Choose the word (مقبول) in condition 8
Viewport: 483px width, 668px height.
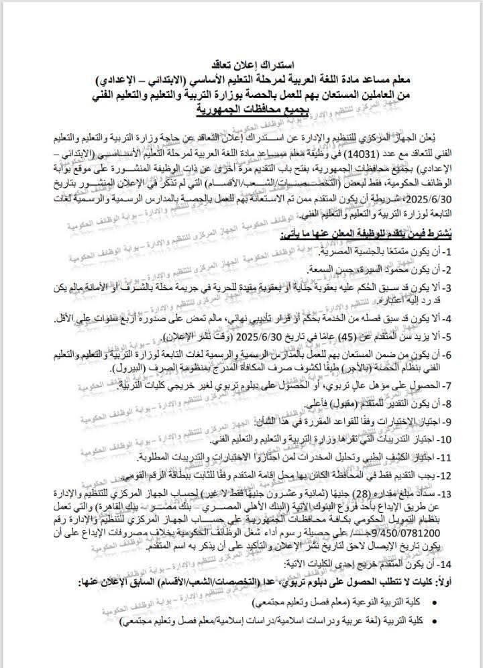pos(329,405)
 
